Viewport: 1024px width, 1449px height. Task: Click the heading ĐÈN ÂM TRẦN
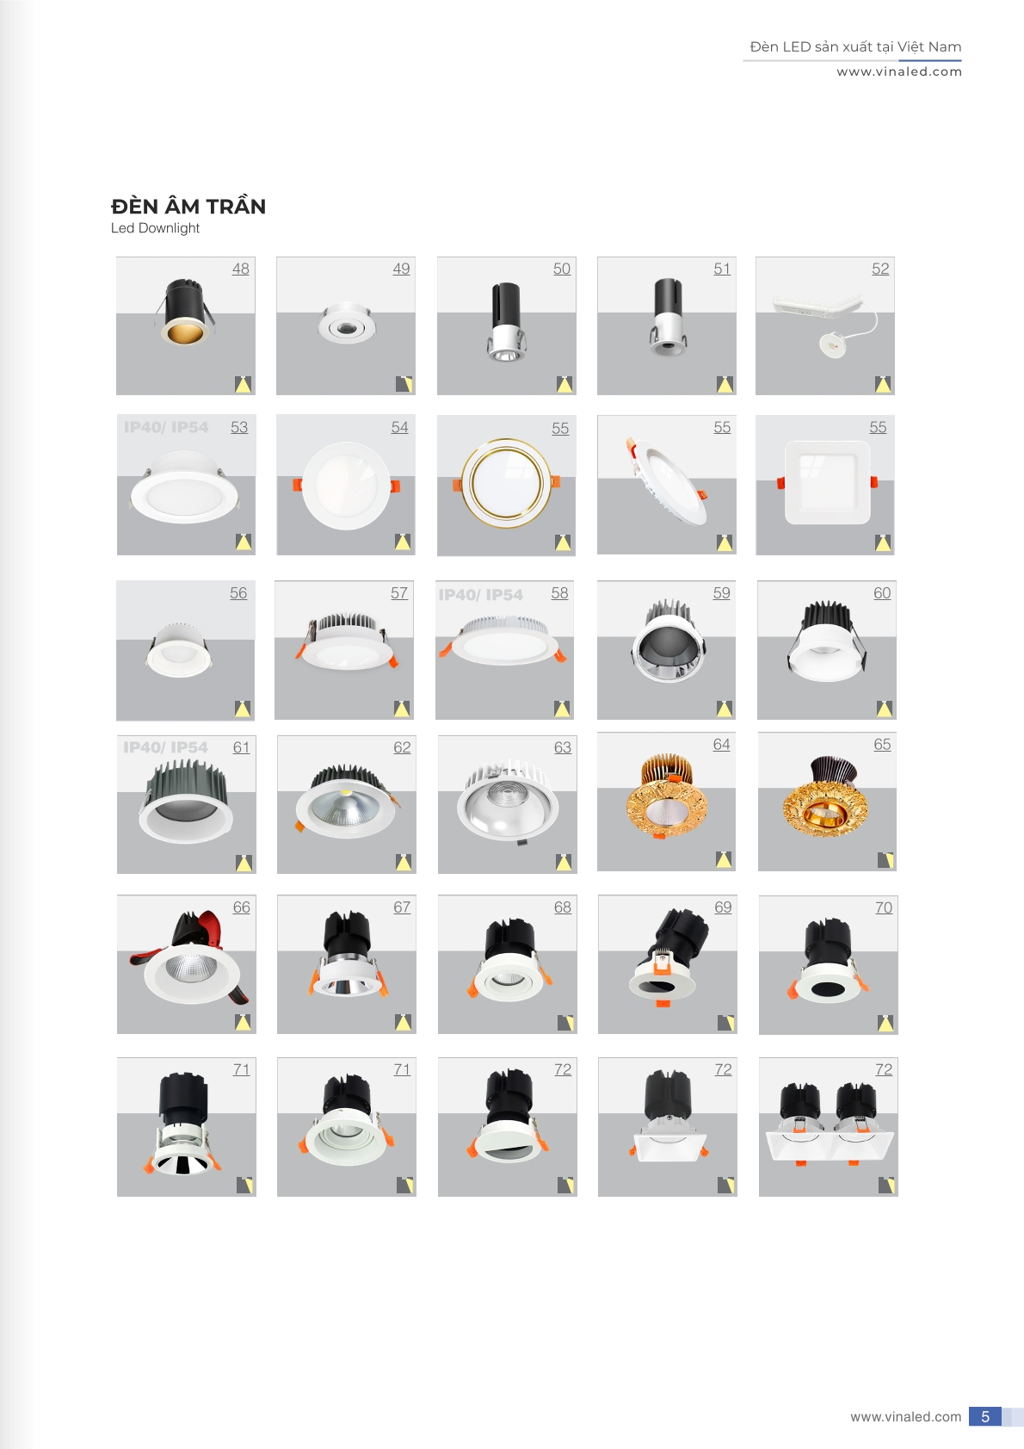(x=188, y=207)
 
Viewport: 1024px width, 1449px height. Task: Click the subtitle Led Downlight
(x=155, y=228)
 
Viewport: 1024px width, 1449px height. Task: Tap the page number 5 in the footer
(x=984, y=1416)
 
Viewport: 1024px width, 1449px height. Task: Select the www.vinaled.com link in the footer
(x=905, y=1416)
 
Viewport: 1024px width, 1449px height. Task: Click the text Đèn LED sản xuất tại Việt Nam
(x=855, y=46)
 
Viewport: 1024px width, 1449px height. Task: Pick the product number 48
(x=240, y=269)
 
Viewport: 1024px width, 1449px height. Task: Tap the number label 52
(x=879, y=269)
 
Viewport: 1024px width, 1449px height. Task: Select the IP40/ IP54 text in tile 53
(x=166, y=428)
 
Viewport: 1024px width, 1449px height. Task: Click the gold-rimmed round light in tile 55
(x=505, y=482)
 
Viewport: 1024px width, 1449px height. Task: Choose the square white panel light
(x=828, y=482)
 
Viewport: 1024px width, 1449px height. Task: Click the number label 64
(x=721, y=745)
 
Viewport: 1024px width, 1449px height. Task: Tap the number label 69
(x=723, y=907)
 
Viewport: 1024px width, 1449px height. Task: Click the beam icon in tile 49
(x=404, y=384)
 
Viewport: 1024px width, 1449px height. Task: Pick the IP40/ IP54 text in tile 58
(x=480, y=595)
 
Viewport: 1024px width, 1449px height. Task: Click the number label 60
(x=882, y=593)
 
